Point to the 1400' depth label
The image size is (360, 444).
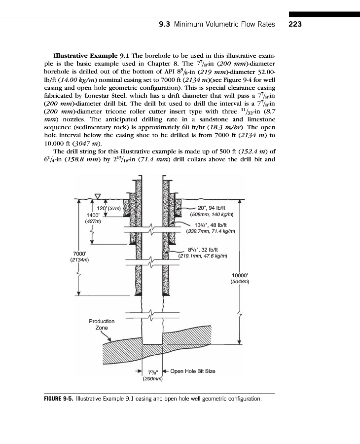(93, 215)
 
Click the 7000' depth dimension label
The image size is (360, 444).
(80, 253)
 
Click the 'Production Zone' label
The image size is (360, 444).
(102, 324)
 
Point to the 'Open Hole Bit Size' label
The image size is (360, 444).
(193, 370)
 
